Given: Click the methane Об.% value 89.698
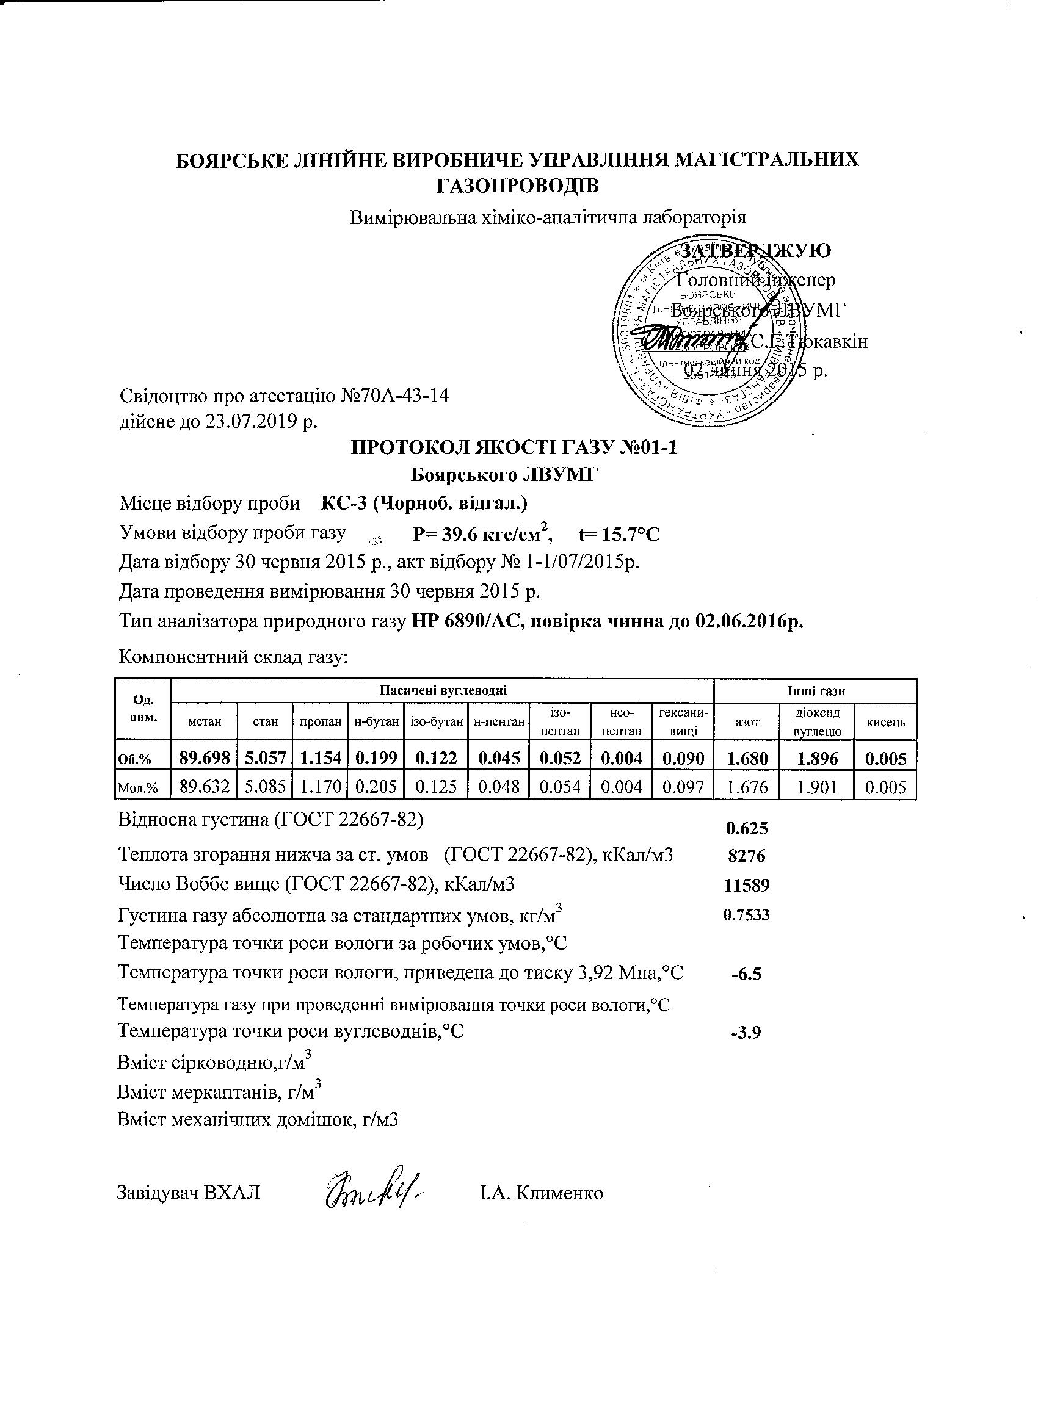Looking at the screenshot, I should pyautogui.click(x=204, y=758).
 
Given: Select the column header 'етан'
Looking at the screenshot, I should pyautogui.click(x=265, y=722).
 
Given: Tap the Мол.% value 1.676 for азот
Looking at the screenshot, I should pyautogui.click(x=747, y=787).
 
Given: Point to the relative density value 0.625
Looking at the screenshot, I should pyautogui.click(x=747, y=828).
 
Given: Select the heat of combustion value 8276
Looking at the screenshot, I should pyautogui.click(x=747, y=856).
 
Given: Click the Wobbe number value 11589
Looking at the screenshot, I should pyautogui.click(x=747, y=885).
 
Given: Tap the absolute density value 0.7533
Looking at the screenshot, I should pyautogui.click(x=747, y=914).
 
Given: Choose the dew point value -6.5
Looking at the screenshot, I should pyautogui.click(x=747, y=974).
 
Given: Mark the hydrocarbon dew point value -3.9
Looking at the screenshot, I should pyautogui.click(x=747, y=1033).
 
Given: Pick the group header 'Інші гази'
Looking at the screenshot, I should pyautogui.click(x=816, y=691).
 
